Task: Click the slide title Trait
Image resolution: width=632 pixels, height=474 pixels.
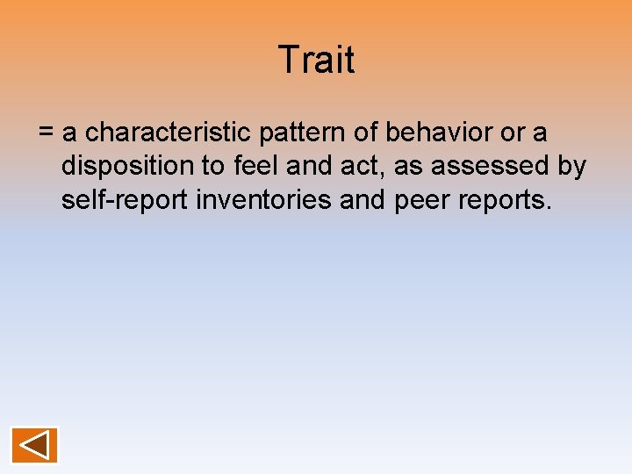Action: coord(316,60)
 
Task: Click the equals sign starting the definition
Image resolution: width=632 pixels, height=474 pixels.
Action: coord(47,133)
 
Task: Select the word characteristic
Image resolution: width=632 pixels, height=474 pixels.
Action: coord(169,133)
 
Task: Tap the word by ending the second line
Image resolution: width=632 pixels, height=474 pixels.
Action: coord(571,167)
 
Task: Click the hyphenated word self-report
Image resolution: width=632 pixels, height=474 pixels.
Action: coord(125,200)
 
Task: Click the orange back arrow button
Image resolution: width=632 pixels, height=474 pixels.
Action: coord(34,445)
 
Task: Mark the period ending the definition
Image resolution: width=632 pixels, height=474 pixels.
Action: coord(549,207)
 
